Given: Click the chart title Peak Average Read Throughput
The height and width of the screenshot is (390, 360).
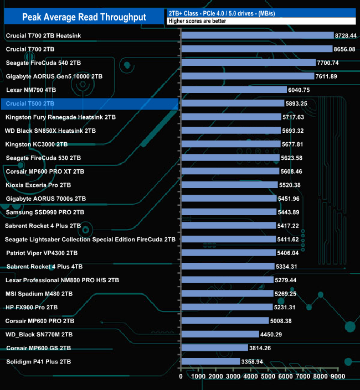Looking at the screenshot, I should [x=84, y=17].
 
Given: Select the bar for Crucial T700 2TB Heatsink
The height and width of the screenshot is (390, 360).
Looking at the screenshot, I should [x=257, y=35].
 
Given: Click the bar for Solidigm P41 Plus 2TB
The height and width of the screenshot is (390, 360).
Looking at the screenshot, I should [x=210, y=361].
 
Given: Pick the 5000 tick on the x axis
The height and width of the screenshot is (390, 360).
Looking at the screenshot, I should [x=268, y=377].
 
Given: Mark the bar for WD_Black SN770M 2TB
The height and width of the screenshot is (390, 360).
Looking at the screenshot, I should [x=220, y=334].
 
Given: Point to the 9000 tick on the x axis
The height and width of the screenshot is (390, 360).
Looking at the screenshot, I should [x=337, y=377].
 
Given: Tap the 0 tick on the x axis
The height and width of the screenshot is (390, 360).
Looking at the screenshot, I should [x=181, y=377].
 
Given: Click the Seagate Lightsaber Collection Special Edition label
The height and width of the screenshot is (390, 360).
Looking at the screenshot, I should [x=90, y=240].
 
